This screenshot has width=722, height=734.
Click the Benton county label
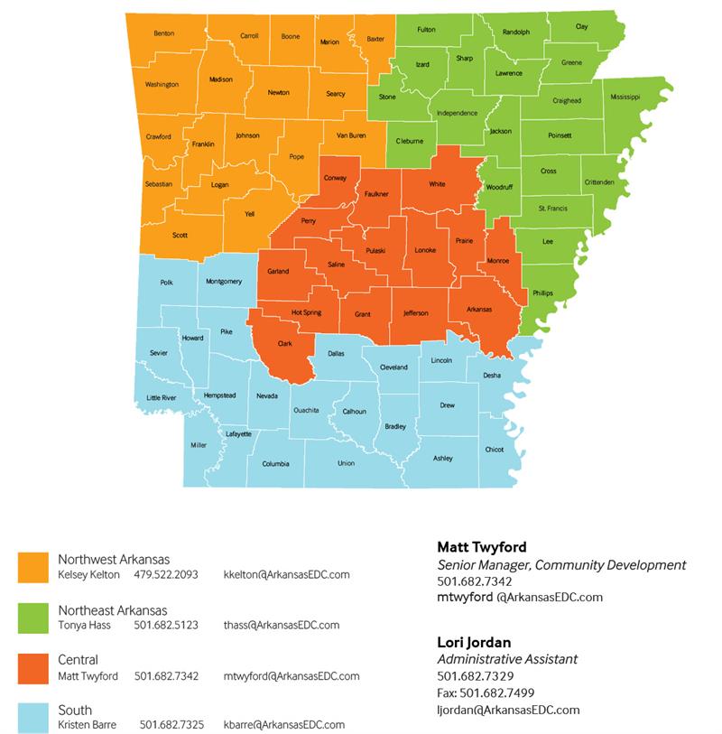[x=163, y=33]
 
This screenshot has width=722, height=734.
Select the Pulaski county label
[x=375, y=250]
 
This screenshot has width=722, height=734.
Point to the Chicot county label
[x=494, y=449]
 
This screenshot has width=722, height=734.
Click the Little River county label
[x=162, y=397]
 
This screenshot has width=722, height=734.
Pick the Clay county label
[x=581, y=27]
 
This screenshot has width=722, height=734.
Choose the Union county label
[x=346, y=463]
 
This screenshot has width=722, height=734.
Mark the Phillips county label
[x=542, y=293]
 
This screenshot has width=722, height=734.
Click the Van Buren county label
[x=351, y=135]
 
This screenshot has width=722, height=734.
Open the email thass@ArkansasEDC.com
[x=282, y=625]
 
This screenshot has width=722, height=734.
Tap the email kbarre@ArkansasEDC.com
[x=284, y=725]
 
